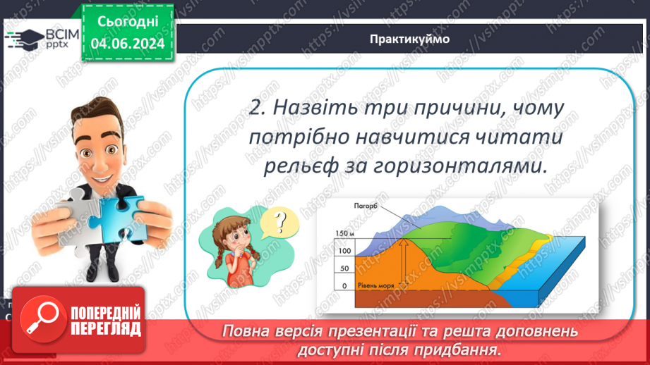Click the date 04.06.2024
click(127, 44)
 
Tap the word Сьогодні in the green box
click(127, 23)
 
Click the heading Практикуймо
click(409, 39)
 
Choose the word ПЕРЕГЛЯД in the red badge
click(104, 329)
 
